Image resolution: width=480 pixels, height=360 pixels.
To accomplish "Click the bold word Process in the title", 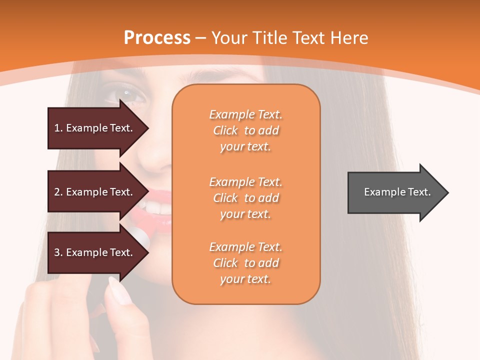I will tap(157, 38).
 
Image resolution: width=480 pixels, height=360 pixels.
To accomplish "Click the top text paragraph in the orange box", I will tap(245, 130).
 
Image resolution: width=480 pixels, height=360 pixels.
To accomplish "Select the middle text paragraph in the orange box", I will tap(245, 198).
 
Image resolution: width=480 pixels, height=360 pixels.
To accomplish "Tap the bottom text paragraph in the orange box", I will tap(245, 263).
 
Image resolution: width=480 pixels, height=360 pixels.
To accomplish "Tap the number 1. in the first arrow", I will tap(58, 128).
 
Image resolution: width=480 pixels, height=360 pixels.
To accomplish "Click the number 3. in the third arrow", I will tap(58, 252).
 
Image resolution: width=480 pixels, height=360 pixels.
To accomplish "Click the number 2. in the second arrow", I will tap(58, 192).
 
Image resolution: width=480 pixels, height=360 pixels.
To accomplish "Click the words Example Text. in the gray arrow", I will tap(397, 192).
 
